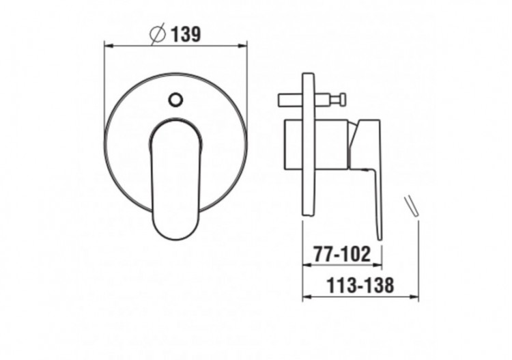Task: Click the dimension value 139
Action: [186, 33]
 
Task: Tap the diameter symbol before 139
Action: [158, 33]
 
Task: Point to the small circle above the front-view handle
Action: [175, 100]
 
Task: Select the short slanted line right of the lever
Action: [411, 207]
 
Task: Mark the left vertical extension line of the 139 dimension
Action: [104, 89]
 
